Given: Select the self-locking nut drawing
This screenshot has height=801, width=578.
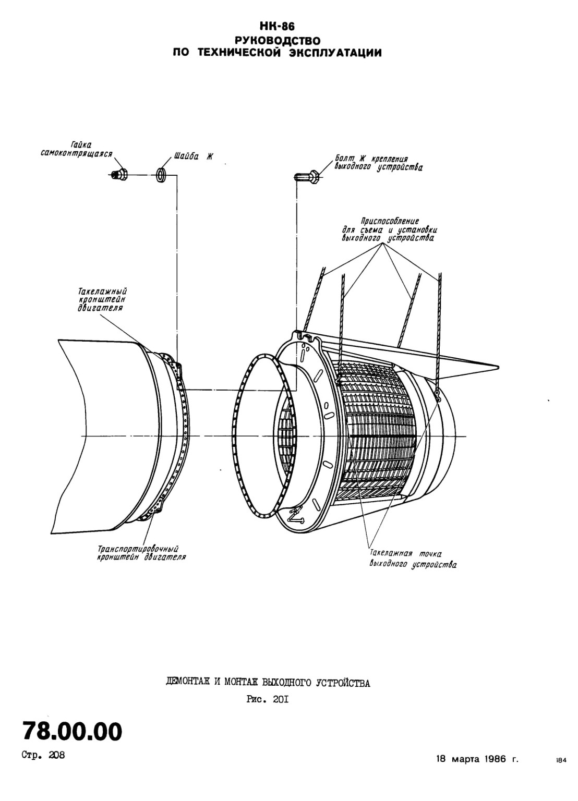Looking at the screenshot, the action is point(119,175).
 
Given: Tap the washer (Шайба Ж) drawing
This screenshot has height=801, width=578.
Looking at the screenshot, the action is point(161,175).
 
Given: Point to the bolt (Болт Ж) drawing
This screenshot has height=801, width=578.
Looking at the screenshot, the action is point(308,177).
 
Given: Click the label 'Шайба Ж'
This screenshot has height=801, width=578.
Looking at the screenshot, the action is point(193,156).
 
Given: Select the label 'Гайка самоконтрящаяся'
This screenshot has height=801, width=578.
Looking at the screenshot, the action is point(76,150).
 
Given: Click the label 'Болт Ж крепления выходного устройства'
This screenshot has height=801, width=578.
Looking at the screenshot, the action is point(378,163).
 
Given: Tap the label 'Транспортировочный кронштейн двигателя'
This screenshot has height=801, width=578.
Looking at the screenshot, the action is point(142,553).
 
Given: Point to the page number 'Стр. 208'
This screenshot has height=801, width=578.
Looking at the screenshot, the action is point(44,755).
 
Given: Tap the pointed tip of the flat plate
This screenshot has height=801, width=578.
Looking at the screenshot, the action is point(499,366).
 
